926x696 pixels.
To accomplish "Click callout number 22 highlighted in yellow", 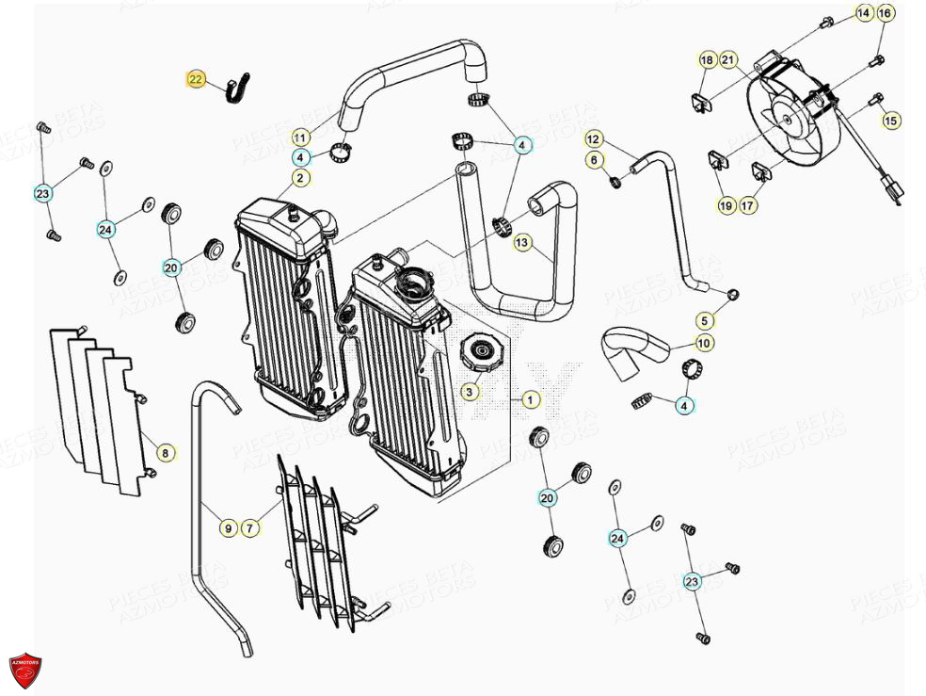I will [195, 80].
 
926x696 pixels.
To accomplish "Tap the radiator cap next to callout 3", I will [482, 357].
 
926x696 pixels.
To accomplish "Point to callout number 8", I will [165, 454].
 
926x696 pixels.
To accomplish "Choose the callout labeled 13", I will [522, 243].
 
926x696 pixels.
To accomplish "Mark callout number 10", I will [704, 344].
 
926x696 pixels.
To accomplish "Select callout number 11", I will [299, 137].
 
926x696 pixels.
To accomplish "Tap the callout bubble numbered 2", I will [299, 177].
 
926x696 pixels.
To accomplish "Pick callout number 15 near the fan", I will [890, 120].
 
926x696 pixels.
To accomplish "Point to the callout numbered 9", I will [228, 528].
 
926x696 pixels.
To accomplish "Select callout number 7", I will [250, 528].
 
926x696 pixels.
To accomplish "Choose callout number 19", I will [726, 205].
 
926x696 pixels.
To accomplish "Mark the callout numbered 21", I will [727, 60].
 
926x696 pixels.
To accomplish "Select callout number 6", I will [593, 161].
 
